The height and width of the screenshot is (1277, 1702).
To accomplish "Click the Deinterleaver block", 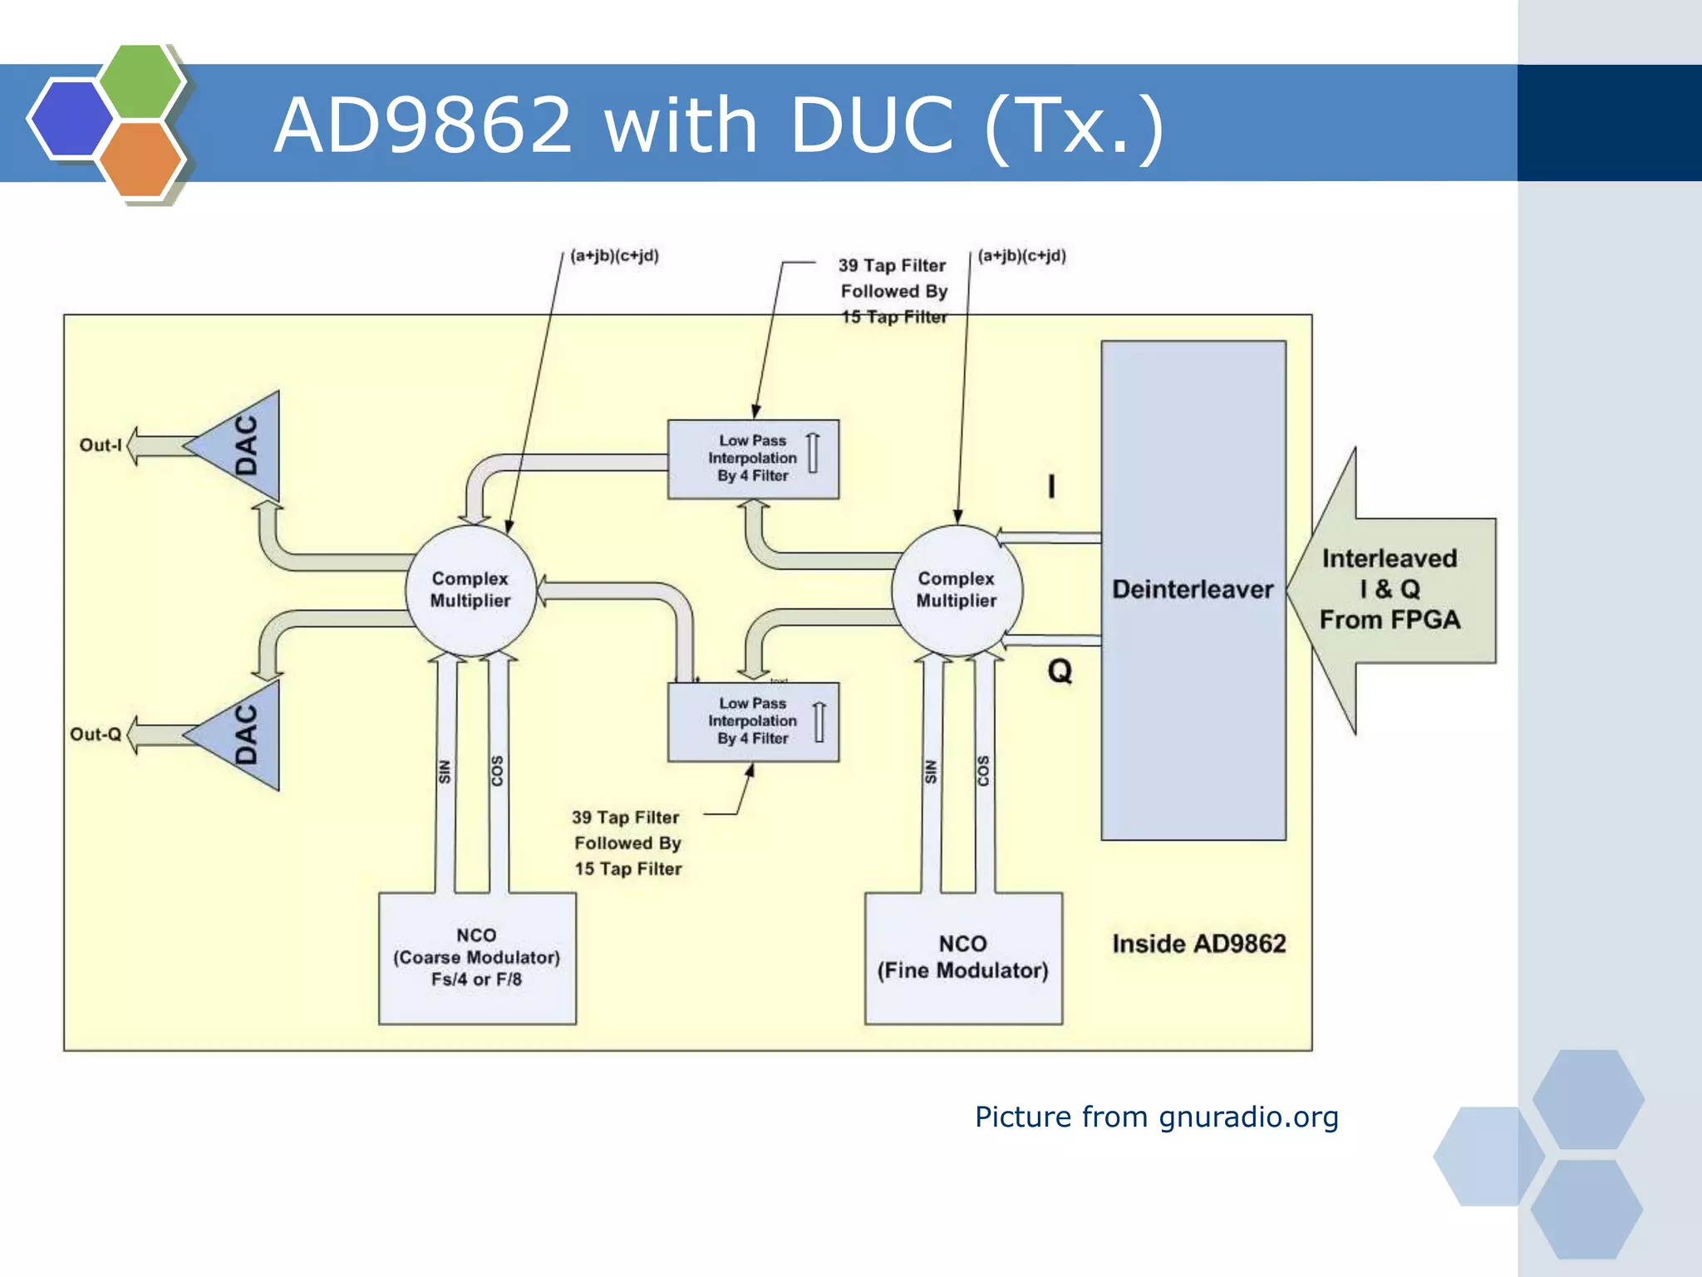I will point(1193,590).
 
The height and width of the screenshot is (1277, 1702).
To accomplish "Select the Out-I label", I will point(101,445).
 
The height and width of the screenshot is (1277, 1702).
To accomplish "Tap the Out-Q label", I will point(96,734).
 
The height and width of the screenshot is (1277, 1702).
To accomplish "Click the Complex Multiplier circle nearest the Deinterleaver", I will point(956,590).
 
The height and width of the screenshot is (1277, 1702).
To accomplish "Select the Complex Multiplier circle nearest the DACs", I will point(470,590).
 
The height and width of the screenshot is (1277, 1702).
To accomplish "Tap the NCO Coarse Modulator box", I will point(477,957).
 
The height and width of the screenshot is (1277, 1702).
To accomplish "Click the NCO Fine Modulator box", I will point(962,957).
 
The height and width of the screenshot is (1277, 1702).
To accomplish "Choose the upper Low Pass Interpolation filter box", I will point(753,459).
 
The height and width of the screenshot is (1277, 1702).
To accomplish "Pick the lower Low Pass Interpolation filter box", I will point(753,721).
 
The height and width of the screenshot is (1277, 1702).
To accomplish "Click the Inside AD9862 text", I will point(1198,944).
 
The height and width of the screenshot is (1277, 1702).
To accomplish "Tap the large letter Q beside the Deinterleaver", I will point(1060,670).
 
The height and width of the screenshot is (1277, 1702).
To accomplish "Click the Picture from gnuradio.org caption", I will point(1156,1117).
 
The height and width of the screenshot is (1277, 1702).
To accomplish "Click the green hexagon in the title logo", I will point(141,81).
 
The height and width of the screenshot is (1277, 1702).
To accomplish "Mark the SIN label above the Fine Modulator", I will point(931,771).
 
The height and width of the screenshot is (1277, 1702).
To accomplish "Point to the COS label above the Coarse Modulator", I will point(497,771).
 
